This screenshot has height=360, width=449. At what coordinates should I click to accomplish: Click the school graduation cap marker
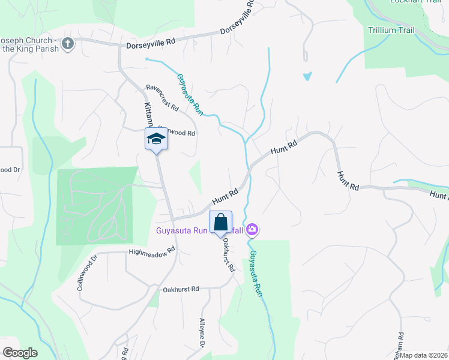tap(157, 139)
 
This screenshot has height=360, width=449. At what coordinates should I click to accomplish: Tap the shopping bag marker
tap(220, 222)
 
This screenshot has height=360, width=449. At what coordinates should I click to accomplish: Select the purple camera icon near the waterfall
tap(252, 229)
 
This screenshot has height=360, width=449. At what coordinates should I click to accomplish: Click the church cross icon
tap(68, 44)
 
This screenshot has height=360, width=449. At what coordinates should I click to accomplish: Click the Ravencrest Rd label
tap(163, 98)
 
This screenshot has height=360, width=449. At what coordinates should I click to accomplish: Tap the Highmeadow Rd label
tap(151, 250)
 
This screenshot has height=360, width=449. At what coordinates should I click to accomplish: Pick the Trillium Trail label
tap(391, 30)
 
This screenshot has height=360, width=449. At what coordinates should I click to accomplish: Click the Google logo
tap(20, 352)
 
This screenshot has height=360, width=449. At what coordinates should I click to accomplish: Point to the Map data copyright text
tap(423, 355)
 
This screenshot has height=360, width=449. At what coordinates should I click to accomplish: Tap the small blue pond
tap(308, 76)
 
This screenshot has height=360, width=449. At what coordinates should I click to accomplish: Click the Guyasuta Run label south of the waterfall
tap(256, 273)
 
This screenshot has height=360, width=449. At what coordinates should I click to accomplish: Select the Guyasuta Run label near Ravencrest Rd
tap(190, 94)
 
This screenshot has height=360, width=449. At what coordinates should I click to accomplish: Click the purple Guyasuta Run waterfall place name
tap(180, 230)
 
